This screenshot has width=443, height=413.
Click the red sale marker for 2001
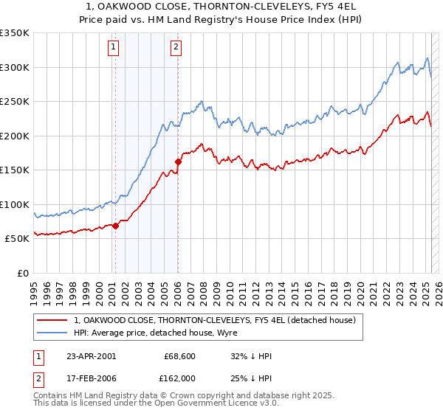point(116,226)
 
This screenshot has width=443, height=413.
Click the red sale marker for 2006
point(178,162)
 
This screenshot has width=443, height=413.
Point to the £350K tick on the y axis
point(15,33)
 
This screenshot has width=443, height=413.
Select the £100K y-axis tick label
point(15,204)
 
